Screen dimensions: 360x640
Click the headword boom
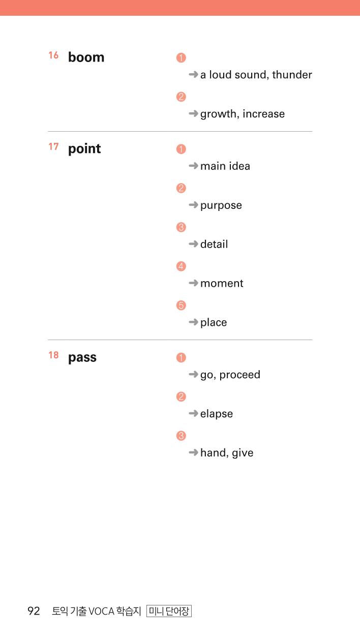pyautogui.click(x=86, y=57)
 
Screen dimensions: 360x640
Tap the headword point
pyautogui.click(x=84, y=149)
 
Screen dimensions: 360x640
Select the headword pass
pyautogui.click(x=82, y=358)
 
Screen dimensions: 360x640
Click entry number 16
pyautogui.click(x=53, y=55)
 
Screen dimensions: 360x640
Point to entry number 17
pyautogui.click(x=53, y=146)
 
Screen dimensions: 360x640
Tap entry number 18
pyautogui.click(x=53, y=355)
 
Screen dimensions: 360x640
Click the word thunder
pyautogui.click(x=292, y=75)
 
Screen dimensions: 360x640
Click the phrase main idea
pyautogui.click(x=225, y=166)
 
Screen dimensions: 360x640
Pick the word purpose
pyautogui.click(x=221, y=206)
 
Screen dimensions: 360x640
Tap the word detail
pyautogui.click(x=214, y=245)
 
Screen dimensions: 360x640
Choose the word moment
pyautogui.click(x=222, y=284)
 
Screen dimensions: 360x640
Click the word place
pyautogui.click(x=214, y=323)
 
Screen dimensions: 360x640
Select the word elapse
pyautogui.click(x=217, y=414)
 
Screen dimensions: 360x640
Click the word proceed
pyautogui.click(x=239, y=375)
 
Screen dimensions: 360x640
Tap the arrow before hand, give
pyautogui.click(x=193, y=452)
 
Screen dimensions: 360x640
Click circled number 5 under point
pyautogui.click(x=181, y=305)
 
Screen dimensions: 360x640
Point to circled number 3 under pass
pyautogui.click(x=181, y=436)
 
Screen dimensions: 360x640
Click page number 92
pyautogui.click(x=34, y=611)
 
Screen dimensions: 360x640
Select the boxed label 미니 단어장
pyautogui.click(x=169, y=611)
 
